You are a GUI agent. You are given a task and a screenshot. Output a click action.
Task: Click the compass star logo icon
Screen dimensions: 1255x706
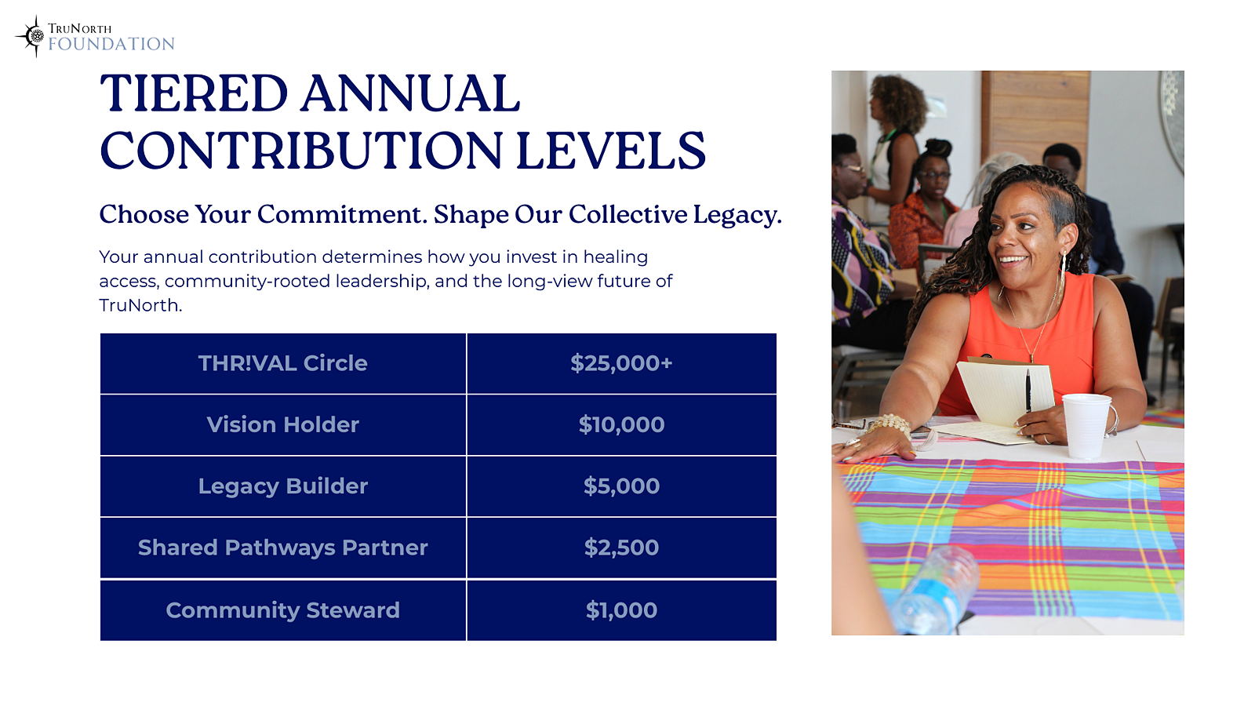coord(35,36)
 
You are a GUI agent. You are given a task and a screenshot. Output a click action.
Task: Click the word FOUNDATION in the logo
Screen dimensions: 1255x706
coord(111,44)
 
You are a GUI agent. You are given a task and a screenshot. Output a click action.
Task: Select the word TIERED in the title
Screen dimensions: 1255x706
coord(194,93)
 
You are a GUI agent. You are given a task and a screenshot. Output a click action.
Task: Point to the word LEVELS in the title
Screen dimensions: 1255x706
coord(611,151)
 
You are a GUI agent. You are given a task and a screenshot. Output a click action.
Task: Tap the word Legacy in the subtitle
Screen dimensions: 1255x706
coord(733,215)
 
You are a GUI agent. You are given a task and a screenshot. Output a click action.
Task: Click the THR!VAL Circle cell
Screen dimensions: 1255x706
coord(283,364)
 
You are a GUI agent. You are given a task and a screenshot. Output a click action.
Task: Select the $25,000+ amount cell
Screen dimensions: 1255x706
coord(621,364)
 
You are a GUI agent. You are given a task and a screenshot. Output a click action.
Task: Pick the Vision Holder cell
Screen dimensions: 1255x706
coord(283,424)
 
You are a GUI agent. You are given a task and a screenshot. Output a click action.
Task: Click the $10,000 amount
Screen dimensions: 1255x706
coord(621,424)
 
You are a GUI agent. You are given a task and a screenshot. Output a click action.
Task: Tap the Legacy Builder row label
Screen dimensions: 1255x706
coord(283,486)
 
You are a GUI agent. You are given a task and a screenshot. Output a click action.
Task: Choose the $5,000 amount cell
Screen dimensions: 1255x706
coord(621,486)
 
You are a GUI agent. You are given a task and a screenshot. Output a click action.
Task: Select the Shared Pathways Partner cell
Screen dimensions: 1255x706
coord(283,548)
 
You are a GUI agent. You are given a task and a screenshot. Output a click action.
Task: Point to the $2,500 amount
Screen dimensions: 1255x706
coord(621,548)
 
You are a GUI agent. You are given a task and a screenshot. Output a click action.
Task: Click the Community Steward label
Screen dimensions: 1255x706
coord(283,610)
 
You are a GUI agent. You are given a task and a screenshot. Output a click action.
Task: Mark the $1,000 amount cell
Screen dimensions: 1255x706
coord(621,610)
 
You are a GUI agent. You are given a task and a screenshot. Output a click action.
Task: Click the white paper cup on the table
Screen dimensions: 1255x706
coord(1086,426)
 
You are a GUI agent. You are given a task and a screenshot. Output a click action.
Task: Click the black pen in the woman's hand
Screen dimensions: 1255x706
coord(1028,392)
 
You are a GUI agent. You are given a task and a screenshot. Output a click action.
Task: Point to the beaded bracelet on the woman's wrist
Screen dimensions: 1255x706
coord(890,424)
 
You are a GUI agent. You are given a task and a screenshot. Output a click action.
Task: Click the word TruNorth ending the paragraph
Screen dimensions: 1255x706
coord(140,305)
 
